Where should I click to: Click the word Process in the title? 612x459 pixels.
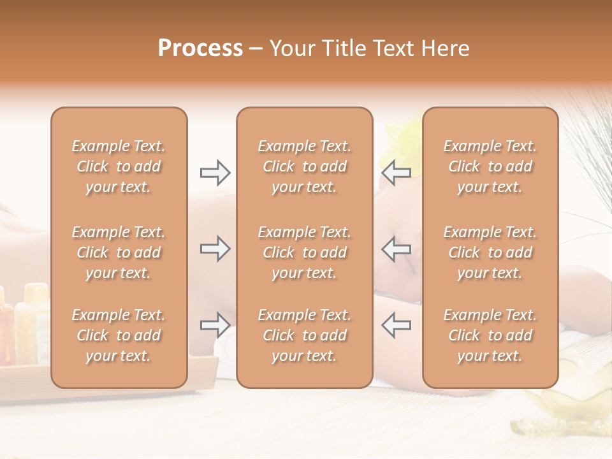click(x=200, y=48)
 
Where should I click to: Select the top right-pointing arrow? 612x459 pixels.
click(x=215, y=173)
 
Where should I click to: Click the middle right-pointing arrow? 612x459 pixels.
click(x=215, y=249)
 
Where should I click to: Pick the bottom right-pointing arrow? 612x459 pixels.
click(x=215, y=325)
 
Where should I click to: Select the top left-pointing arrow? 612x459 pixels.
click(x=397, y=173)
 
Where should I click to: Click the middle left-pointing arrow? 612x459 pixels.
click(x=397, y=249)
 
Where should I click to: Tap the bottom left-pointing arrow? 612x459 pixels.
click(x=397, y=325)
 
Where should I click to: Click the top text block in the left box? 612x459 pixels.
click(x=119, y=166)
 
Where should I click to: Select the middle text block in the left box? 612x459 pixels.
click(x=119, y=252)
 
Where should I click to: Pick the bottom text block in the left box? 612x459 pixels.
click(x=119, y=335)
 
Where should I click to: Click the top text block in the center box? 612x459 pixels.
click(x=304, y=166)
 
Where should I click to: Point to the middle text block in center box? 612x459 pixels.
click(x=304, y=252)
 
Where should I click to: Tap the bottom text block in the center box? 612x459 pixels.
click(x=304, y=335)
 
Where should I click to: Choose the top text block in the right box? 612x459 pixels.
click(x=490, y=166)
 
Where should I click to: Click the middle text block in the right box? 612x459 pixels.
click(x=490, y=252)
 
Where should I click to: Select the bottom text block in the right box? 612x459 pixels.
click(x=490, y=335)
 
